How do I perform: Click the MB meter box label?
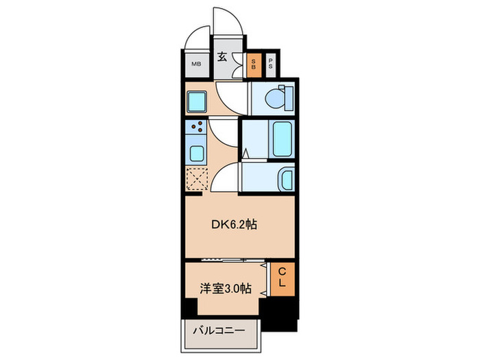(196, 65)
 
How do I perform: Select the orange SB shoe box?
(253, 66)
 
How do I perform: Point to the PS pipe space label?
(271, 66)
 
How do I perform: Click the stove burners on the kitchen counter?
(197, 126)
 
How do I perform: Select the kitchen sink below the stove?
(195, 152)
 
